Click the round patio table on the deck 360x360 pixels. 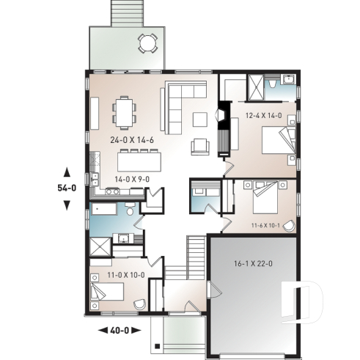point(148,43)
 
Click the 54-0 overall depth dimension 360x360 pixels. point(67,188)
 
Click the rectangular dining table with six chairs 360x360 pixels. point(125,113)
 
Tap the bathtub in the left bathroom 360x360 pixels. point(105,210)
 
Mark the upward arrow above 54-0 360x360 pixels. point(67,172)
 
